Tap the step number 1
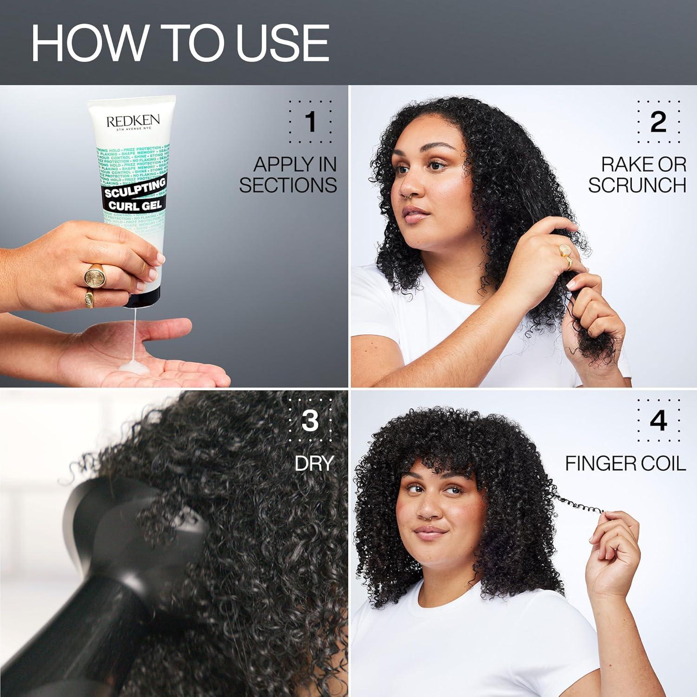310,122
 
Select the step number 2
658,122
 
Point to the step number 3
310,420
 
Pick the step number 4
658,420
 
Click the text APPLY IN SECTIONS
289,175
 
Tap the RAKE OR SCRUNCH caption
637,175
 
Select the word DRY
314,463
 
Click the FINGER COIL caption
625,463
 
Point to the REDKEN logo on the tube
133,122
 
